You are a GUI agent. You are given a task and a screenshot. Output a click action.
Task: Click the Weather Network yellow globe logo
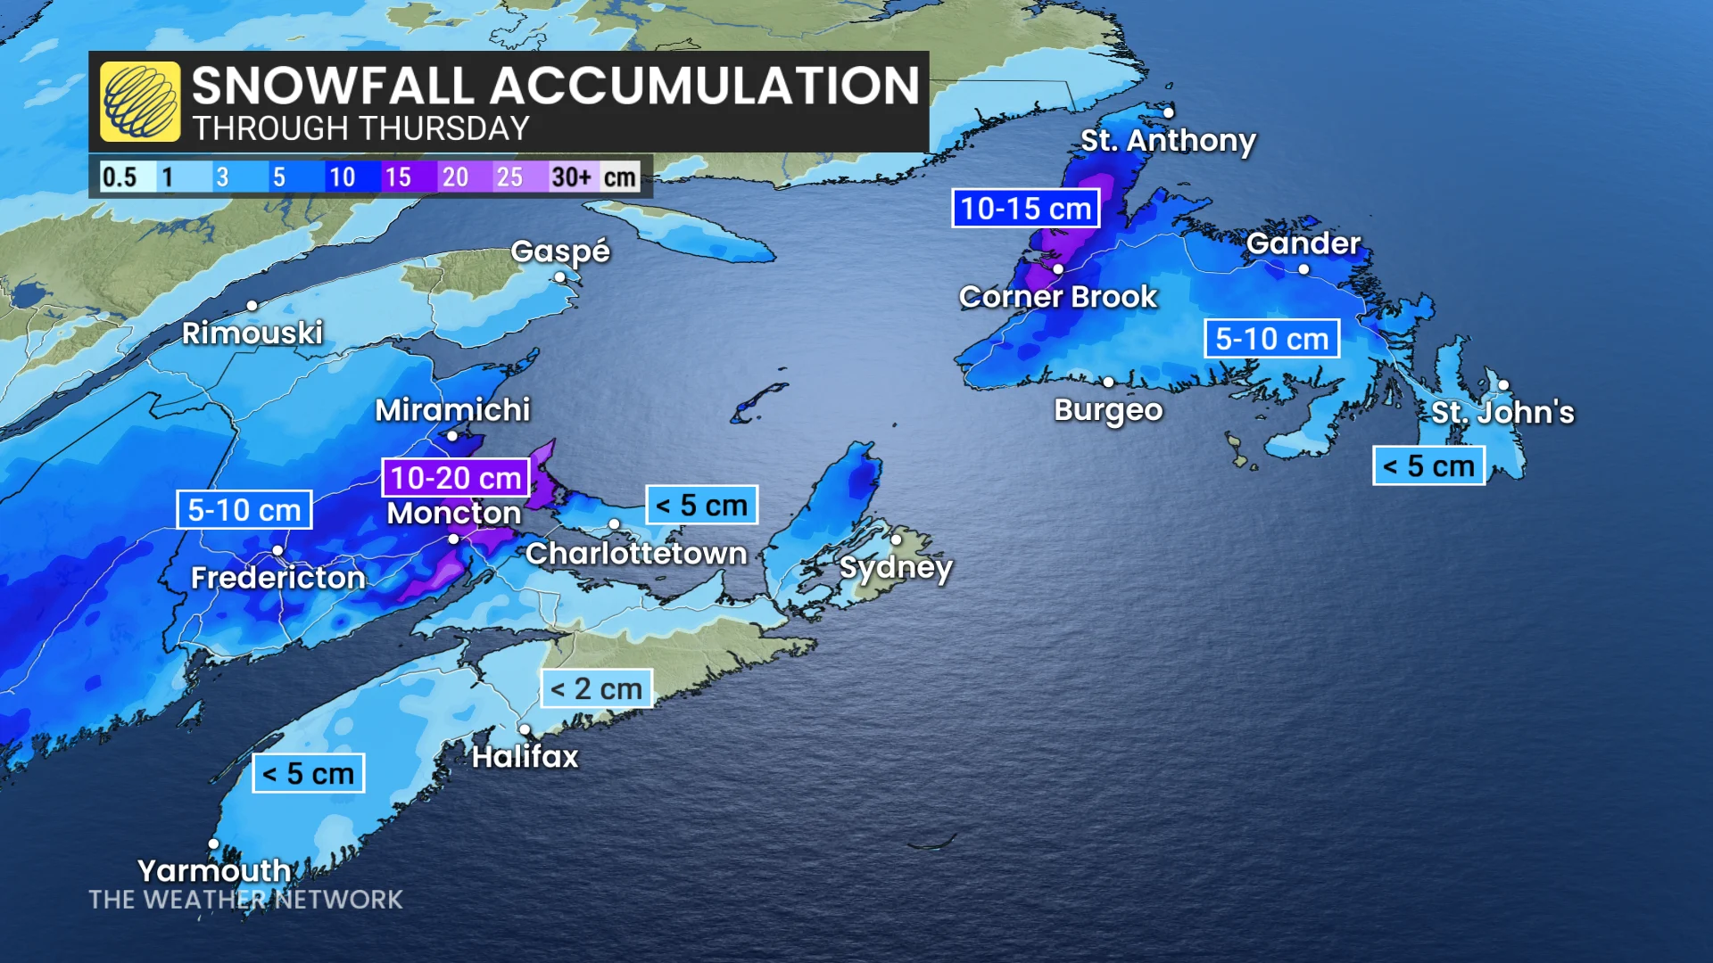tap(140, 102)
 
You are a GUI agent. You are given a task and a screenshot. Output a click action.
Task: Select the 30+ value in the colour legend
tap(571, 177)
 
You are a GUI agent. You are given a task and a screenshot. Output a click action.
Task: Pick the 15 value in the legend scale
tap(398, 177)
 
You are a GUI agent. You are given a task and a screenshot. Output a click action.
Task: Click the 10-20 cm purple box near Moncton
tap(456, 478)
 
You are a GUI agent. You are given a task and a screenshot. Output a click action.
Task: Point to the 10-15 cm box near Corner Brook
tap(1026, 209)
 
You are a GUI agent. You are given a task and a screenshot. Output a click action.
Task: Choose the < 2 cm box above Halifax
tap(596, 688)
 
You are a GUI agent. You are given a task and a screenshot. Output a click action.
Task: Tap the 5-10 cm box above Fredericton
tap(244, 510)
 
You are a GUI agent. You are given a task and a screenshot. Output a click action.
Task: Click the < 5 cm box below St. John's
tap(1428, 465)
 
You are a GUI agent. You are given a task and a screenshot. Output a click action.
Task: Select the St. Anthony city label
tap(1168, 140)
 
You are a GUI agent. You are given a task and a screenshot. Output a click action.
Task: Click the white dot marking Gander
tap(1303, 268)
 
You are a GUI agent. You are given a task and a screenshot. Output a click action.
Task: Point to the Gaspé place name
tap(559, 251)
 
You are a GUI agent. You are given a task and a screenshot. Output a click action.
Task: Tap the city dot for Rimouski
tap(252, 306)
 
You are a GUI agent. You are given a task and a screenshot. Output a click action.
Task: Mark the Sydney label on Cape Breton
tap(896, 568)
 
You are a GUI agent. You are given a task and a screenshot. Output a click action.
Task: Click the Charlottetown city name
tap(636, 554)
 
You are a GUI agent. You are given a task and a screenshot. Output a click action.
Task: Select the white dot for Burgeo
tap(1108, 382)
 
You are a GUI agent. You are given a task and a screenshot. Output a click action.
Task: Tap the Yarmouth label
tap(214, 869)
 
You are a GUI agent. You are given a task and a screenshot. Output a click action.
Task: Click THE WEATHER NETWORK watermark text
tap(245, 900)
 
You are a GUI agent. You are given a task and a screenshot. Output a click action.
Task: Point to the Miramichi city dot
tap(452, 436)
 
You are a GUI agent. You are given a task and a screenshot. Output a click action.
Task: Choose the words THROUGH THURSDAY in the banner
tap(360, 129)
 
